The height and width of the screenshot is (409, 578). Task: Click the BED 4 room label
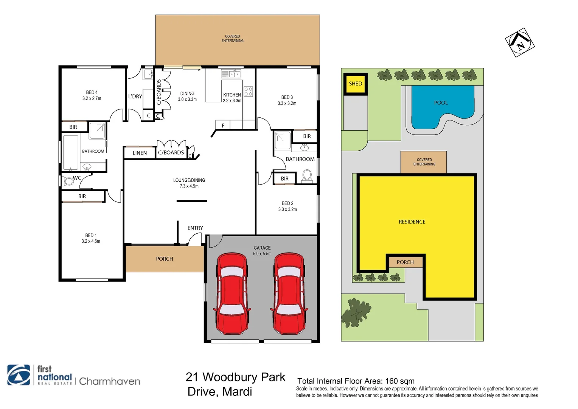pyautogui.click(x=92, y=92)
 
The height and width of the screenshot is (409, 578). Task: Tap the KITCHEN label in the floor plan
pyautogui.click(x=232, y=95)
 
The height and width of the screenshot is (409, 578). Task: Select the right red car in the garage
pyautogui.click(x=289, y=294)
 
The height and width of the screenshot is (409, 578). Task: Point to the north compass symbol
pyautogui.click(x=520, y=42)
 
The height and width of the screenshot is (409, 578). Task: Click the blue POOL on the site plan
pyautogui.click(x=441, y=106)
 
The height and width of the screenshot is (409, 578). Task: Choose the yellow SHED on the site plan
pyautogui.click(x=355, y=84)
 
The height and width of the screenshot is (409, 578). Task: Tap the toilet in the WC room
pyautogui.click(x=68, y=181)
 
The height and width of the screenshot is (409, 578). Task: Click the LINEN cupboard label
pyautogui.click(x=140, y=153)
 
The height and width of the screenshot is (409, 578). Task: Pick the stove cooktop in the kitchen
pyautogui.click(x=248, y=91)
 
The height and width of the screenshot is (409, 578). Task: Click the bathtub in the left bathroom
pyautogui.click(x=71, y=152)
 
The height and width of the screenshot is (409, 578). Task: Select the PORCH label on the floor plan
pyautogui.click(x=165, y=259)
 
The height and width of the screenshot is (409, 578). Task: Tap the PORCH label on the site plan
pyautogui.click(x=405, y=262)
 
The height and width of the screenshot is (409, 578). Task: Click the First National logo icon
pyautogui.click(x=19, y=375)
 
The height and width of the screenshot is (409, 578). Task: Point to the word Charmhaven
pyautogui.click(x=110, y=381)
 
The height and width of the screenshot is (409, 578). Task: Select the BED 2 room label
pyautogui.click(x=287, y=203)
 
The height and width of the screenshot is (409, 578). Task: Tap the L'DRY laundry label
pyautogui.click(x=135, y=97)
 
